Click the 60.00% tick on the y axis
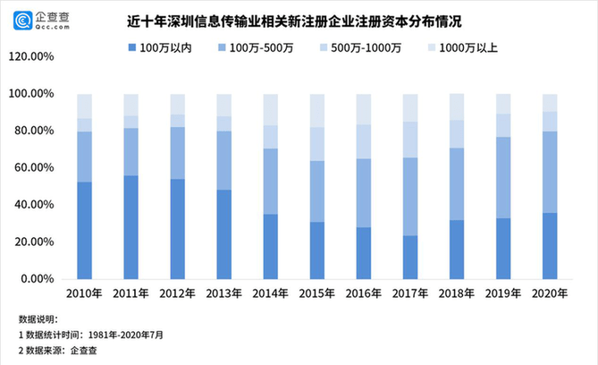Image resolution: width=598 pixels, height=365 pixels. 35,167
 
